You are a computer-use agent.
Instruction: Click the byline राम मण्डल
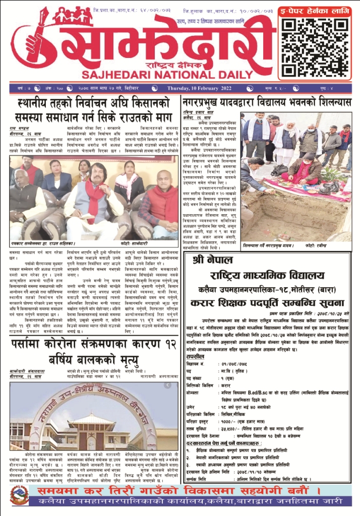pyautogui.click(x=20, y=128)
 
